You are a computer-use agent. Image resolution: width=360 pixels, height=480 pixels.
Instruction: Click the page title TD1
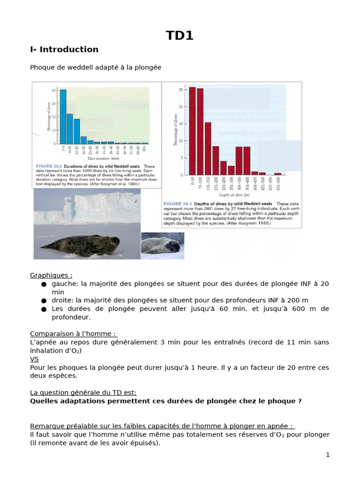pyautogui.click(x=180, y=36)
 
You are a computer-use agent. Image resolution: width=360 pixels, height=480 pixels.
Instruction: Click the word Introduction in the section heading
pyautogui.click(x=69, y=50)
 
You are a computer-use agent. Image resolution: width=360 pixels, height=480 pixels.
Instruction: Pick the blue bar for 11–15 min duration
pyautogui.click(x=77, y=131)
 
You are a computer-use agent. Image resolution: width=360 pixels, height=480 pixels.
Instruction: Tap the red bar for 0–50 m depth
pyautogui.click(x=192, y=131)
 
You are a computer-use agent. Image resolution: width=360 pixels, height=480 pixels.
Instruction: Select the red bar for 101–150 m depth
pyautogui.click(x=208, y=148)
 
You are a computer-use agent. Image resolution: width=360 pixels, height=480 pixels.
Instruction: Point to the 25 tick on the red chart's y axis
pyautogui.click(x=180, y=89)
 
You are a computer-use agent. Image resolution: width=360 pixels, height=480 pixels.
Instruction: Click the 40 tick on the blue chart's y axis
pyautogui.click(x=54, y=90)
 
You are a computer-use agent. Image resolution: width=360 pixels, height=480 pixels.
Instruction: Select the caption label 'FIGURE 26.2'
pyautogui.click(x=49, y=166)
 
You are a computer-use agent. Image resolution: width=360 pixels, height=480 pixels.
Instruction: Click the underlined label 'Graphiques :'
pyautogui.click(x=51, y=275)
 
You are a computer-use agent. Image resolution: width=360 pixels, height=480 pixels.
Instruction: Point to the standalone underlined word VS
pyautogui.click(x=34, y=359)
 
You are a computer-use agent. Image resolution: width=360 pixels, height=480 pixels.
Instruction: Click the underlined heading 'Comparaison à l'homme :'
pyautogui.click(x=73, y=334)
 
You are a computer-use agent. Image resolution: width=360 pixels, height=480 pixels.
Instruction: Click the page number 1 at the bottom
pyautogui.click(x=328, y=455)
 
